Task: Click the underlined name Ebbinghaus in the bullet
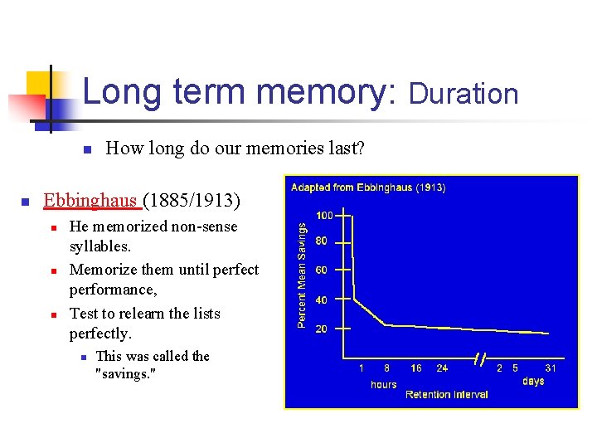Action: coord(91,200)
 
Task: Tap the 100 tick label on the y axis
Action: coord(323,215)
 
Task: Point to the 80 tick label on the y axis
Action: coord(320,241)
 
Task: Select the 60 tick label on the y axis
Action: coord(320,270)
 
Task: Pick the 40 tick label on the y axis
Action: coord(320,299)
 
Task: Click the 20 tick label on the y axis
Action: coord(320,329)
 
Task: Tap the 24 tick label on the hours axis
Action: coord(442,368)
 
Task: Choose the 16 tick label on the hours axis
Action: coord(415,368)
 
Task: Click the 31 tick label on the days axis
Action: coord(550,368)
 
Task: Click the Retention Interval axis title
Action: coord(446,394)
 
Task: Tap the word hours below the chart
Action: coord(383,384)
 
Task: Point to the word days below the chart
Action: coord(533,381)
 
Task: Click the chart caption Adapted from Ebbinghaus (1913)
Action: coord(368,187)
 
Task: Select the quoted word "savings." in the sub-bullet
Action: coord(126,373)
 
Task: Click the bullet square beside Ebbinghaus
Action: coord(25,202)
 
